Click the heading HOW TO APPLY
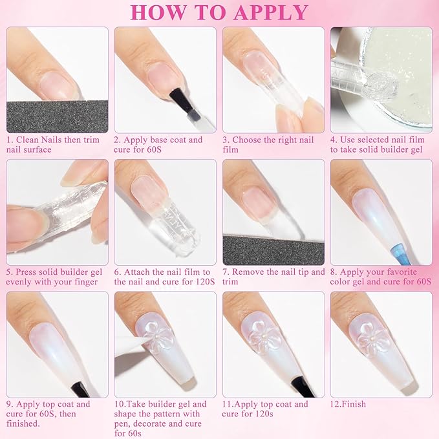point(219,12)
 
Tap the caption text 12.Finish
point(348,404)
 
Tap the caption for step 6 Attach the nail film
point(162,277)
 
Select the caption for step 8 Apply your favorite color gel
point(380,277)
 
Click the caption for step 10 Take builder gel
point(162,414)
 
